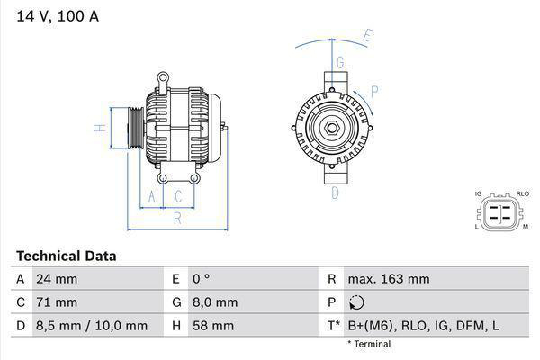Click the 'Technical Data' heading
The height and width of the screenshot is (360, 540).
click(66, 256)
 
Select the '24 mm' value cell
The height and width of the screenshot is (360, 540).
click(56, 279)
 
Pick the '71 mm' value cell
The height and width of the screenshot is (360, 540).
click(56, 302)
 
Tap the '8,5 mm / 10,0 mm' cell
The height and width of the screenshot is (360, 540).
click(90, 325)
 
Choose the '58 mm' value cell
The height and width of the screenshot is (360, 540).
click(212, 325)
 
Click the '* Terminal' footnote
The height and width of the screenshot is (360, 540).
click(369, 344)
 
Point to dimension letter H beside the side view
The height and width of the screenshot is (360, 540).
click(102, 127)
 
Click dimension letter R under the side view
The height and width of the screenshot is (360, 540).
click(177, 217)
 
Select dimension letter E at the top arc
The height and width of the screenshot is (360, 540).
click(367, 37)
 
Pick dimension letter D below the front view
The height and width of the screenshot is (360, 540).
click(335, 192)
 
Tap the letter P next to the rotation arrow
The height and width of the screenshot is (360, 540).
click(373, 91)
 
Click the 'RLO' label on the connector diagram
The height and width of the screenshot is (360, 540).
click(523, 193)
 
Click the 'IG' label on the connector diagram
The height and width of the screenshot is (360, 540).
click(479, 193)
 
